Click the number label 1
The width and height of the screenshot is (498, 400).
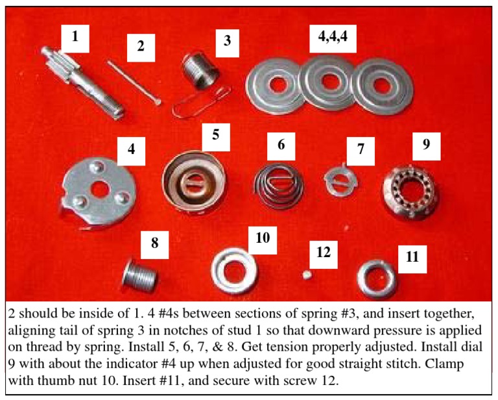75,37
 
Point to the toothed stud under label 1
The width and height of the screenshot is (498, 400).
69,79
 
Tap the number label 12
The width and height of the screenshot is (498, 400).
322,249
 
